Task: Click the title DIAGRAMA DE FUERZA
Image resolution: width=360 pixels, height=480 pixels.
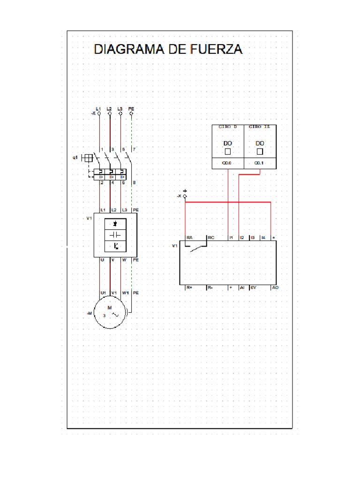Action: (168, 49)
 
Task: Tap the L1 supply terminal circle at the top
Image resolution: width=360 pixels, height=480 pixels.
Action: (98, 113)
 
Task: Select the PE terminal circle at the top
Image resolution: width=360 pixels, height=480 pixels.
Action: (131, 113)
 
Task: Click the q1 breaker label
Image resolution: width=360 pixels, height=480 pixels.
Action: (75, 158)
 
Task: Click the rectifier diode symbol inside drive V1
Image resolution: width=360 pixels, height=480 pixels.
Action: (115, 224)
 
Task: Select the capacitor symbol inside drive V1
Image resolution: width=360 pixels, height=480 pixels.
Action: (115, 234)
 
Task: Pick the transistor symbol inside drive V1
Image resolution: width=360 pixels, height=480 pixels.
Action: (115, 246)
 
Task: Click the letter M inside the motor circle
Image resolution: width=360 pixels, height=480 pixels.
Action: (110, 308)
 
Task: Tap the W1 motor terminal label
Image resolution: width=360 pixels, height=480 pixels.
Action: (125, 292)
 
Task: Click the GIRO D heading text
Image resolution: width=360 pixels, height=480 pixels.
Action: (228, 127)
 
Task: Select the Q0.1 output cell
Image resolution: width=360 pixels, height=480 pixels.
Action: (259, 163)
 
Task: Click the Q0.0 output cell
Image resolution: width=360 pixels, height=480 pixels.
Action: (227, 163)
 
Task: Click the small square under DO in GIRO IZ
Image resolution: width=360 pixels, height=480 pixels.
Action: (260, 152)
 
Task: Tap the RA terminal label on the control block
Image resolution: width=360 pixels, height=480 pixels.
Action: (190, 238)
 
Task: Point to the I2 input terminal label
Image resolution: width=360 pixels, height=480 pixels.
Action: (242, 238)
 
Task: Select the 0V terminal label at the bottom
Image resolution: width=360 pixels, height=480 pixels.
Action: (253, 287)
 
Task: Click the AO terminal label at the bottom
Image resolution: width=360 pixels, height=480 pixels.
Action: (275, 287)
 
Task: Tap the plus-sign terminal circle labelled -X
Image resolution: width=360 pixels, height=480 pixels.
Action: (185, 196)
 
